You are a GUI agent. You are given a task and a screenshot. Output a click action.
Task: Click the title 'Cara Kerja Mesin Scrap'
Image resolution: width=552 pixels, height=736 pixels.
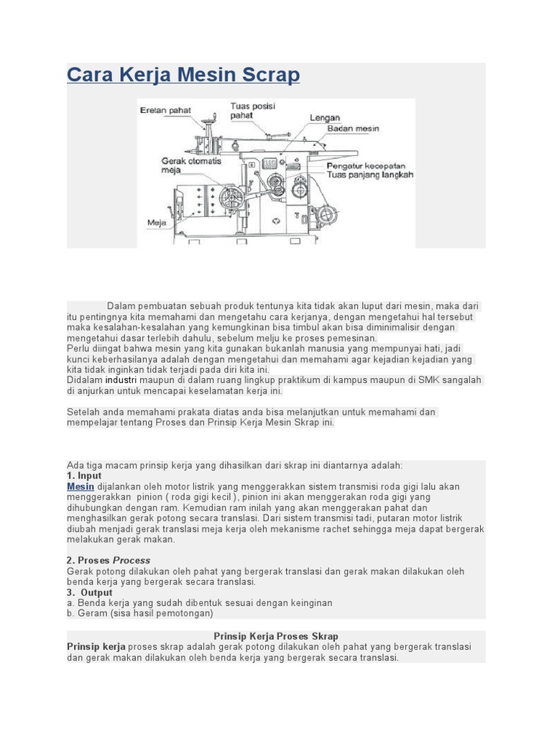(183, 75)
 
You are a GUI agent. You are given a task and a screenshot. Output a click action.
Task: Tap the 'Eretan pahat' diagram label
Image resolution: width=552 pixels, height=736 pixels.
(165, 111)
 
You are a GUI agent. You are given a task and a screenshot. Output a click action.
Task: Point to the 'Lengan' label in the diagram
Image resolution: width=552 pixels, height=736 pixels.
(325, 117)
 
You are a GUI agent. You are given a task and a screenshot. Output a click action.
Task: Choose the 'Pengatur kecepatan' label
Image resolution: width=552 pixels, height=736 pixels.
(367, 165)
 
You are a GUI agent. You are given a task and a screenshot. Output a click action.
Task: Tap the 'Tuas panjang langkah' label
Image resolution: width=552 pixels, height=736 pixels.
(370, 174)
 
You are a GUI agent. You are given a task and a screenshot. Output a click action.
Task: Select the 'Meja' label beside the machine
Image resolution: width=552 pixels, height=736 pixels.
(156, 223)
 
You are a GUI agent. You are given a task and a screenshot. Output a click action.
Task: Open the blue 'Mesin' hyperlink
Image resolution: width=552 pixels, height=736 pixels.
(80, 487)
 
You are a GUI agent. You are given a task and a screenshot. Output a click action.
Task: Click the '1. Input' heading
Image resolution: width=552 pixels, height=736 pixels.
(84, 476)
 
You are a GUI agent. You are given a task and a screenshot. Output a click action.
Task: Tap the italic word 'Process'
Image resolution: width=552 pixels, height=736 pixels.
(132, 560)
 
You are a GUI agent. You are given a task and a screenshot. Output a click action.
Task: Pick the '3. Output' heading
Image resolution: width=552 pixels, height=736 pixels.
(90, 592)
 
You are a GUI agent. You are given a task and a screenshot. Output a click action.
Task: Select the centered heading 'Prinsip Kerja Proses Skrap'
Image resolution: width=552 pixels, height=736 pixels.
(276, 636)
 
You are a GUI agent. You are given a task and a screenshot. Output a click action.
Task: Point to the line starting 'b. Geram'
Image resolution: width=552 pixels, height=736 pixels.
(140, 613)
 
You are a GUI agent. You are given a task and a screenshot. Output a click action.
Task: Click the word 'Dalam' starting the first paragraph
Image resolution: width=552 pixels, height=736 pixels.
(121, 305)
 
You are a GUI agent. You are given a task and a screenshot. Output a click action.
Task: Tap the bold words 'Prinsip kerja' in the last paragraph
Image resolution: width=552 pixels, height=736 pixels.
(96, 647)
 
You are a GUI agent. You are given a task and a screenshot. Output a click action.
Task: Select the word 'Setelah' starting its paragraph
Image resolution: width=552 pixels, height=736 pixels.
(83, 412)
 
